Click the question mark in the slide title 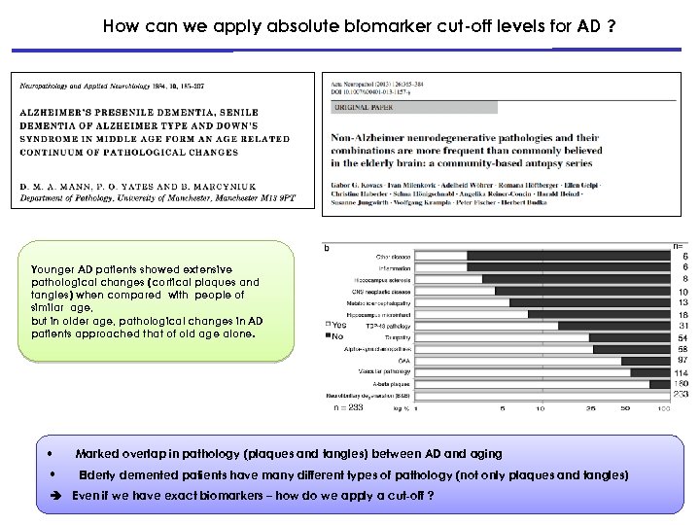(610, 27)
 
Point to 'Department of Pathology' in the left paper (64, 198)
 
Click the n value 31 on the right (683, 325)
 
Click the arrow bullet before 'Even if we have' (56, 495)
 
